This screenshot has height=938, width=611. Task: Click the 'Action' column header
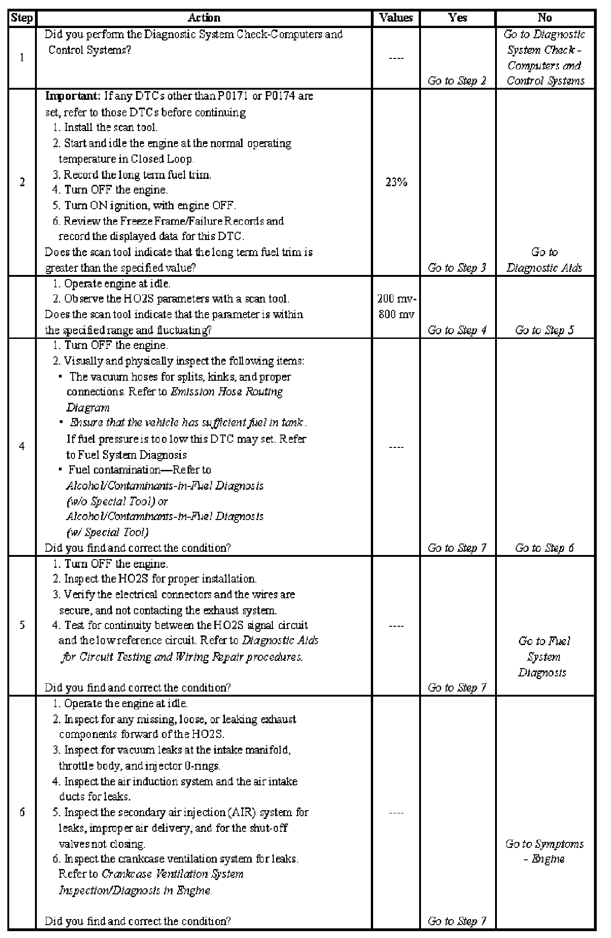point(204,18)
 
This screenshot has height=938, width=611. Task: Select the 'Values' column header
point(396,18)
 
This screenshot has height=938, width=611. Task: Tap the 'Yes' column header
point(457,18)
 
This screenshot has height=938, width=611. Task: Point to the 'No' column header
point(545,18)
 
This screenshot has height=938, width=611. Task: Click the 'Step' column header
point(22,18)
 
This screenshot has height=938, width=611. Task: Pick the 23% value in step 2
point(396,183)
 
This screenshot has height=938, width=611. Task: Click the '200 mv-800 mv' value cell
point(396,307)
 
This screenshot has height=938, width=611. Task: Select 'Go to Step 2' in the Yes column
point(457,81)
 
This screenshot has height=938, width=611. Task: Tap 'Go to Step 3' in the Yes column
point(457,268)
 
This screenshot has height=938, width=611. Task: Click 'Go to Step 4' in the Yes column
point(457,330)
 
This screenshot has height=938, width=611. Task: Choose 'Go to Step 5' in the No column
point(544,330)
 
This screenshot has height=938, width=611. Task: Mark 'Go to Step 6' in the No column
point(544,548)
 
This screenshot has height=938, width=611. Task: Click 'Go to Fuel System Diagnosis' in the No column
point(544,657)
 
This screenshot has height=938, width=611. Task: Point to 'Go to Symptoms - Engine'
point(544,851)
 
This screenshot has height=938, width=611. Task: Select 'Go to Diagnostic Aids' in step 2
point(544,260)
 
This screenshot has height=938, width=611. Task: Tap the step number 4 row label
point(22,446)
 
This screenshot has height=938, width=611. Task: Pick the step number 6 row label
point(22,812)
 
